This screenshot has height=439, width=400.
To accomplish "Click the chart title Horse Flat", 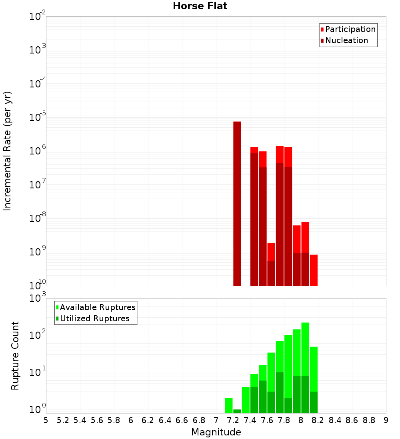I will click(x=200, y=6).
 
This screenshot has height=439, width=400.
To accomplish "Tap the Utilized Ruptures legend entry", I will click(x=94, y=319).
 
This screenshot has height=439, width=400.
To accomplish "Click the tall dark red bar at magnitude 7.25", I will click(x=237, y=204).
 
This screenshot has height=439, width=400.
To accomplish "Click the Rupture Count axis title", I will click(x=15, y=356).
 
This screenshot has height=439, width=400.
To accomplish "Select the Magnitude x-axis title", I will click(x=216, y=432).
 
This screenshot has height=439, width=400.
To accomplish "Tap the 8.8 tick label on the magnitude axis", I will click(x=369, y=420).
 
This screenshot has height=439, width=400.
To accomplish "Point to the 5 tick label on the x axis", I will click(x=46, y=420).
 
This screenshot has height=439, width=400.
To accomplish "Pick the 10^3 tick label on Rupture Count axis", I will click(x=38, y=299).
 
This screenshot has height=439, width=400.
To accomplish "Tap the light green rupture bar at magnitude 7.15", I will click(x=229, y=405).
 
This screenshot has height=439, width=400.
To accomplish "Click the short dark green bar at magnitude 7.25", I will click(x=237, y=411).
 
